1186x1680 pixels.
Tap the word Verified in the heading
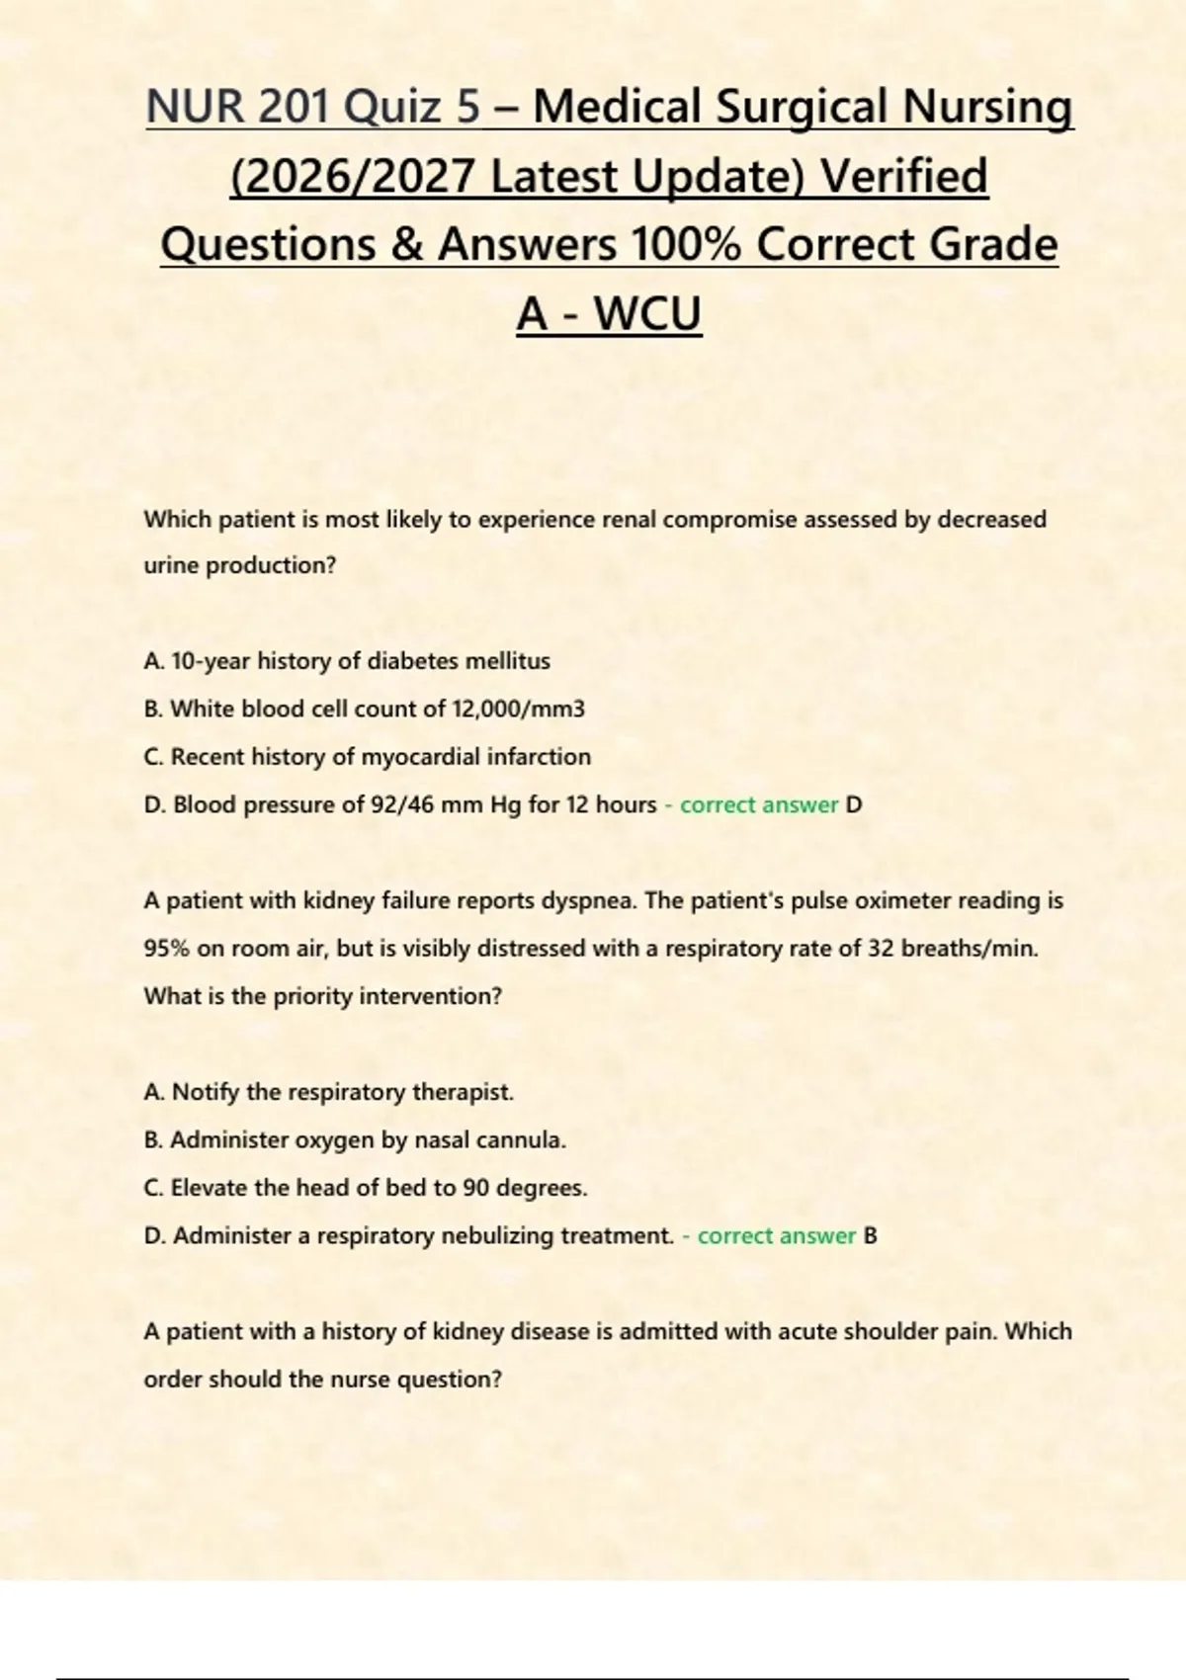coord(904,176)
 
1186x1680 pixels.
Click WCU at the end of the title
coord(647,314)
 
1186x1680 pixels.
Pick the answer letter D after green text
coord(854,804)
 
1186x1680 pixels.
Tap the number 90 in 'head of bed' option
coord(475,1188)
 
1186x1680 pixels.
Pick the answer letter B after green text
coord(870,1235)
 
